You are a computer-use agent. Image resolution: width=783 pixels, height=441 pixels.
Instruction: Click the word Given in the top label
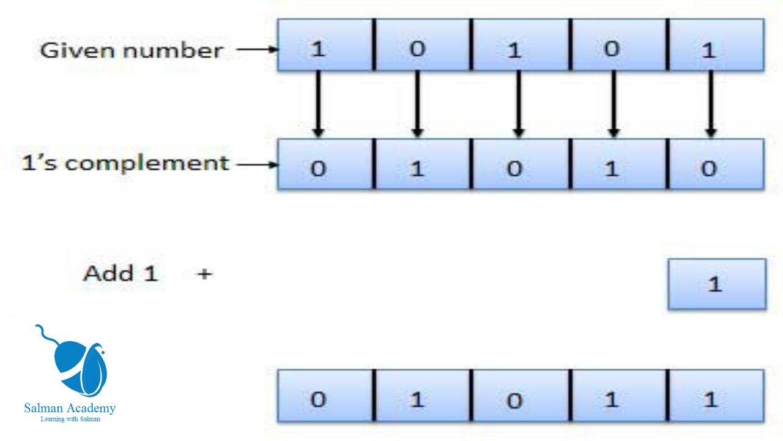click(78, 50)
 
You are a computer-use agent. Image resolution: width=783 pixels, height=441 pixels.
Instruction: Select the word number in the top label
click(173, 50)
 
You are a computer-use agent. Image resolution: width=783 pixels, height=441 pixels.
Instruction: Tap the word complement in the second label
click(147, 164)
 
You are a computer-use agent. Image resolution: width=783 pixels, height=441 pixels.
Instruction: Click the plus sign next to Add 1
click(205, 274)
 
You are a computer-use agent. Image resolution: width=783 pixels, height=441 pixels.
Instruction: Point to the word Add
click(108, 273)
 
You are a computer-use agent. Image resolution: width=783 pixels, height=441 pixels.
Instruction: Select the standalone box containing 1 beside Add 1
click(717, 284)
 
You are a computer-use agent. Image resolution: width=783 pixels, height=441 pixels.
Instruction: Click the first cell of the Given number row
click(325, 45)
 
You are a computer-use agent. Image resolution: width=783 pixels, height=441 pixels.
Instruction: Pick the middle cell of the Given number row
click(521, 45)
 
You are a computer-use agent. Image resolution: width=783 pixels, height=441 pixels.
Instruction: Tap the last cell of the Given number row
click(716, 45)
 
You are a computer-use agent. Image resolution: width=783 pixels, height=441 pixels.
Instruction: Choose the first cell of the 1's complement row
click(325, 164)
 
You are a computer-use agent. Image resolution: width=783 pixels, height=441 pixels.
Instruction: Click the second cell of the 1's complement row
click(423, 164)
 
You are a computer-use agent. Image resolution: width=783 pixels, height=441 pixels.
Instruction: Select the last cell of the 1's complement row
click(716, 164)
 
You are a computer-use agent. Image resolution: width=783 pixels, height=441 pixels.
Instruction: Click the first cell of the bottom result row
click(325, 396)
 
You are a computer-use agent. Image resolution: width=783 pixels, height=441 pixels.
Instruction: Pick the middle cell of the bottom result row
click(521, 396)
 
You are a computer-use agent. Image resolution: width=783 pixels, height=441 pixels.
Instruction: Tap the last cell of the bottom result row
click(716, 396)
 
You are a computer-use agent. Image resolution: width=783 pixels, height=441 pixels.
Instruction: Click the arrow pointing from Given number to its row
click(258, 50)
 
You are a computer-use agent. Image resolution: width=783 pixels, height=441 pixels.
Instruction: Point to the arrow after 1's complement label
click(258, 165)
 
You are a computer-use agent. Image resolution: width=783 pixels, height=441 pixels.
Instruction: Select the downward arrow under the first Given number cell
click(317, 104)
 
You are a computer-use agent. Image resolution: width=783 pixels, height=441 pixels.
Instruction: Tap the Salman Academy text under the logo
click(70, 408)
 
